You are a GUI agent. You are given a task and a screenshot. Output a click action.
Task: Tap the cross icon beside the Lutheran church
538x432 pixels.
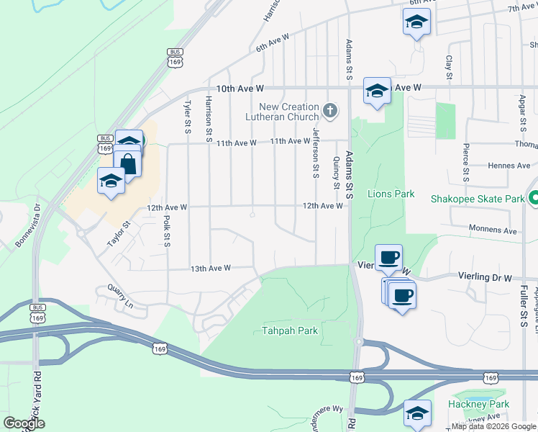(330, 111)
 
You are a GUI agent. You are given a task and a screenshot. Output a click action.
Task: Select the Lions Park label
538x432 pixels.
(391, 194)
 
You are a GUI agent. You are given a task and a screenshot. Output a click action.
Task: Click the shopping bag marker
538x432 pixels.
(128, 163)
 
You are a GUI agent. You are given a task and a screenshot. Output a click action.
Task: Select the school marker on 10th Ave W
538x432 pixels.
(377, 91)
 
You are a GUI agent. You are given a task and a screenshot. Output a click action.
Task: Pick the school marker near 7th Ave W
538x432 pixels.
(416, 23)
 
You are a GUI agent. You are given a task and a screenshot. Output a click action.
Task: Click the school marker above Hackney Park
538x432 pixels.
(417, 413)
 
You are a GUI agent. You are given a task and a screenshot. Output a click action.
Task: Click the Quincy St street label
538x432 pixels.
(337, 173)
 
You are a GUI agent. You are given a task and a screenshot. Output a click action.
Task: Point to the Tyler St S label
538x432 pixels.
(186, 117)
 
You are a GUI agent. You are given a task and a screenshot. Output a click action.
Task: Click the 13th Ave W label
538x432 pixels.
(210, 268)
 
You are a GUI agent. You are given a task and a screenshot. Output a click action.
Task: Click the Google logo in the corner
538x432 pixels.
(24, 423)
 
